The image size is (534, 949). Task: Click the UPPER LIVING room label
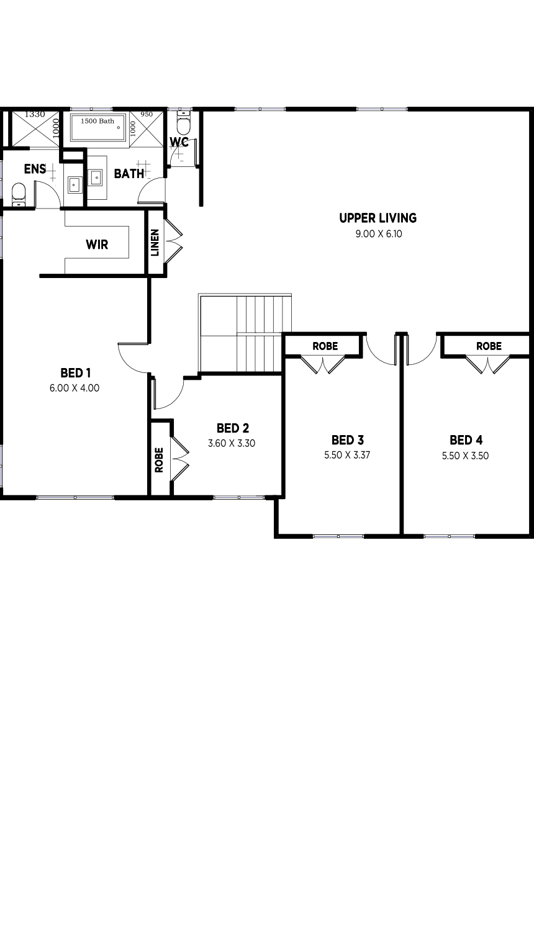pos(378,218)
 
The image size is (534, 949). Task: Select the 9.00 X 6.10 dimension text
pos(378,234)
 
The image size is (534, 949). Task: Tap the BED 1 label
pos(76,373)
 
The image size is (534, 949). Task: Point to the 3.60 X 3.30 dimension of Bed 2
pos(232,443)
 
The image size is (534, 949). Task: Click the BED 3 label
pos(347,440)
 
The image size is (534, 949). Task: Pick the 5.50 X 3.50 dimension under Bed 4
pos(465,456)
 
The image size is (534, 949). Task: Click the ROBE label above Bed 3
pos(325,346)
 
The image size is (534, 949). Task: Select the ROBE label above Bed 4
pos(489,346)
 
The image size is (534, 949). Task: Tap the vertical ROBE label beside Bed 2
pos(159,460)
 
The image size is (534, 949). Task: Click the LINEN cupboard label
pos(155,243)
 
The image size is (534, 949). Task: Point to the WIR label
pos(97,245)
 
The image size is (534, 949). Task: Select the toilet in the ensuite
pos(19,192)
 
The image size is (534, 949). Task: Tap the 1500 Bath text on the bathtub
pos(97,121)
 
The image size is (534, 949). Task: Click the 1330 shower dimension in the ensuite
pos(35,115)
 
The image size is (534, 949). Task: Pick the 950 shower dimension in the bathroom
pos(147,115)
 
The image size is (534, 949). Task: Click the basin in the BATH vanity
pos(97,178)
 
